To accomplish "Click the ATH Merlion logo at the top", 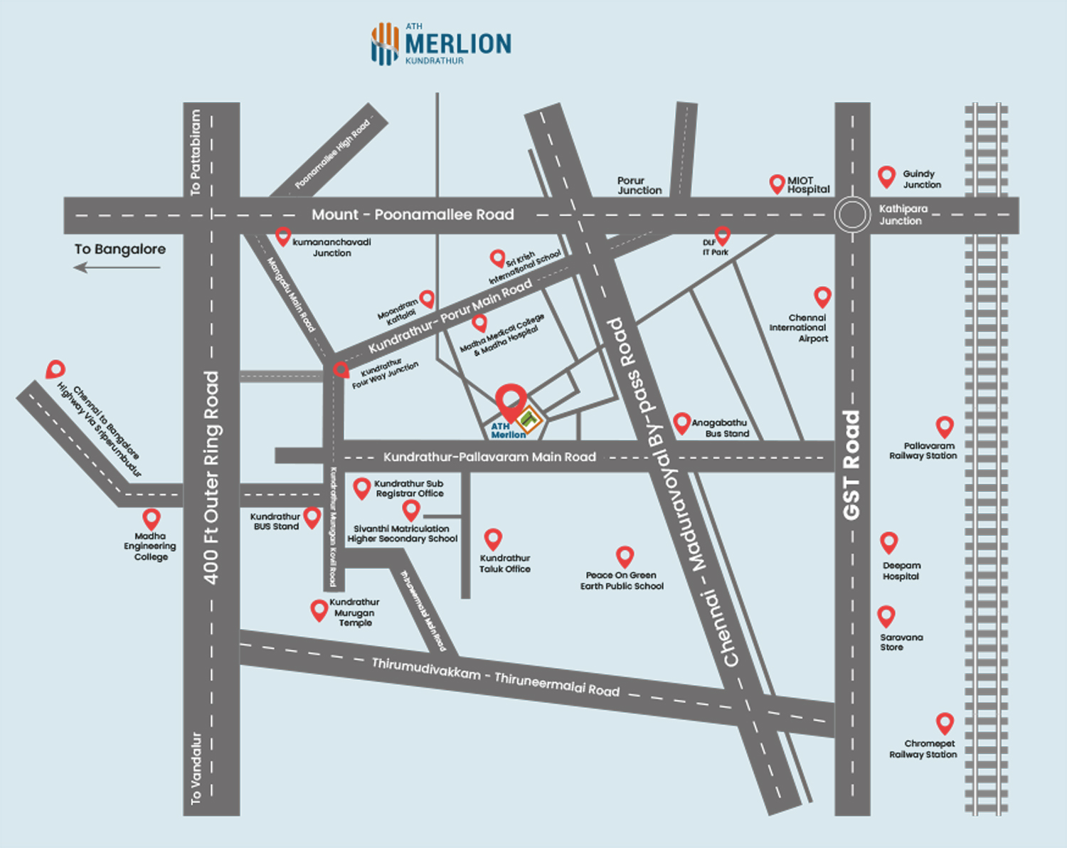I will click(x=440, y=44).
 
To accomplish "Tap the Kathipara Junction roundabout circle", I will click(x=852, y=214).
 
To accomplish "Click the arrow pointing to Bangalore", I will click(x=117, y=267).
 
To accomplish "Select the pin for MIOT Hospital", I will click(x=777, y=184).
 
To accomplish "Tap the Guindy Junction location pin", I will click(x=886, y=176).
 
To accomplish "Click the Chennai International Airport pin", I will click(x=822, y=296).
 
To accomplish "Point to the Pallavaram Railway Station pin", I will click(x=944, y=426).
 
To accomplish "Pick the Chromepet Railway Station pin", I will click(x=944, y=723).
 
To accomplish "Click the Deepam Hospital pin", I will click(x=888, y=542).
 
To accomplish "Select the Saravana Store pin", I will click(x=886, y=615).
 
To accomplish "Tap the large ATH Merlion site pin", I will click(x=511, y=401).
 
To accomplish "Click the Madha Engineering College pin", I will click(x=151, y=518).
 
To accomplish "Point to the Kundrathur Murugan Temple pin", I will click(x=319, y=610).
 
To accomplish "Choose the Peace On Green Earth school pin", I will click(x=625, y=556).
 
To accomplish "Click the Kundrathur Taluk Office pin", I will click(x=493, y=539).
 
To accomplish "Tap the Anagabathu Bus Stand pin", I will click(x=681, y=423).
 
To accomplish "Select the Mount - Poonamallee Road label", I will click(x=413, y=215).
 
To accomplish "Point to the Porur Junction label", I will click(x=639, y=186).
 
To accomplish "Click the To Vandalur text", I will click(x=196, y=768).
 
